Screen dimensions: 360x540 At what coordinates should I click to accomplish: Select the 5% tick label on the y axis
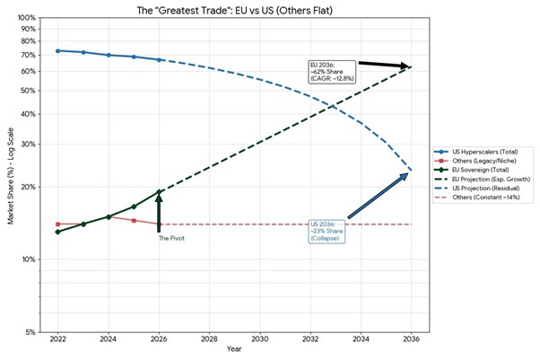30,332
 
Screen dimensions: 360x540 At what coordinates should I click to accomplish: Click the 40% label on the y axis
30,114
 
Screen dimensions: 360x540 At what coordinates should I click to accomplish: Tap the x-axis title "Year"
234,349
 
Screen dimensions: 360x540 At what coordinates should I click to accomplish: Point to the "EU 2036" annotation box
331,72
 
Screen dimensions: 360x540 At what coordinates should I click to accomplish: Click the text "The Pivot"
170,238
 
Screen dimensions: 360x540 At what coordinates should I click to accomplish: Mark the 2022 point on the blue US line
57,50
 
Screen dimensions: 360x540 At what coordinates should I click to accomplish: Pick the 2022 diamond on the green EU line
57,232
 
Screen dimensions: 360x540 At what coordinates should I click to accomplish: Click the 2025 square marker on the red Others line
134,220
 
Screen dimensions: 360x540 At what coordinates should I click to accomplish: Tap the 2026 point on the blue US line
159,59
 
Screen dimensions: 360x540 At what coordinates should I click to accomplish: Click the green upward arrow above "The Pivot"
159,212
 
